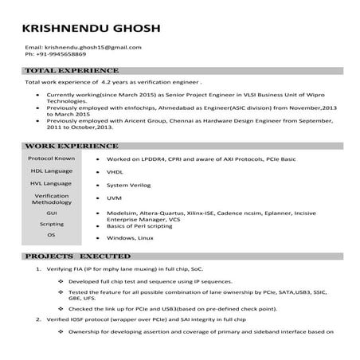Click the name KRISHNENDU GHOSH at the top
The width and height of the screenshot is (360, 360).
92,29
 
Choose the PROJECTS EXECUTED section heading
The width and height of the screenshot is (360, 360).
76,257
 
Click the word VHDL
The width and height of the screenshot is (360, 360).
114,172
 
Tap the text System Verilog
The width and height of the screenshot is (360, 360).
127,185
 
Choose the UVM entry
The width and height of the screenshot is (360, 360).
113,198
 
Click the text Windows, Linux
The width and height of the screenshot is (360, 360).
130,238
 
